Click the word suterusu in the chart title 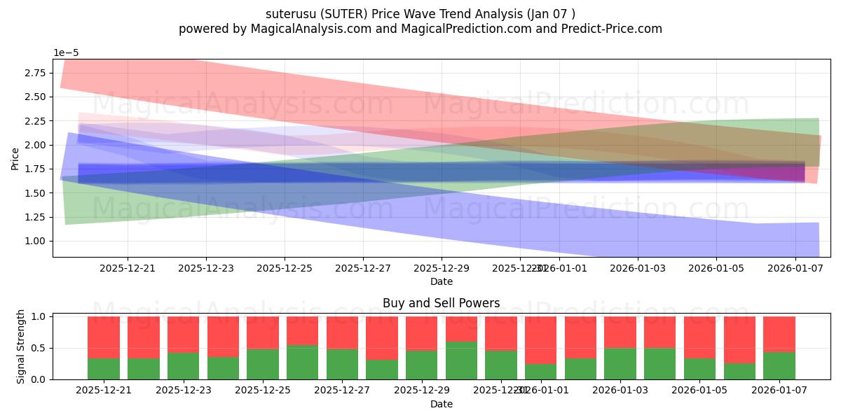click(289, 14)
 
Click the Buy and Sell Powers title click(441, 303)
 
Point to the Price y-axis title click(15, 158)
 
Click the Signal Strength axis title click(21, 347)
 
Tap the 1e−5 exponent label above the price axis click(66, 52)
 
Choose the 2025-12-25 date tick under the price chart click(284, 267)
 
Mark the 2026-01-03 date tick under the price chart click(637, 267)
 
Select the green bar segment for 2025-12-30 click(461, 360)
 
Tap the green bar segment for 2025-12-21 click(103, 369)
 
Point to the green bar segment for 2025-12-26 click(302, 362)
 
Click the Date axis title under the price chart click(441, 281)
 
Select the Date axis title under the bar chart click(441, 404)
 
